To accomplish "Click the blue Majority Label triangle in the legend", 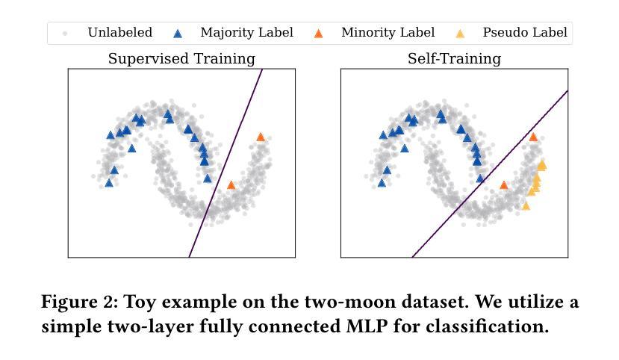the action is point(178,34).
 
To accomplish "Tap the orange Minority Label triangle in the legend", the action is point(318,34).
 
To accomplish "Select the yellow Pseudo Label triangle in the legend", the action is point(460,34).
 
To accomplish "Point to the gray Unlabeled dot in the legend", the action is point(65,34).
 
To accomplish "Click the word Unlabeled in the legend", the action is point(120,32).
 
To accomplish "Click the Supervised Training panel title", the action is point(181,58).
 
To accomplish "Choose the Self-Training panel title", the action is point(455,58).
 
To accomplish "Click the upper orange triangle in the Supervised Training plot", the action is point(261,137).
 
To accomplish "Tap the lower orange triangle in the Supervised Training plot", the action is point(231,185).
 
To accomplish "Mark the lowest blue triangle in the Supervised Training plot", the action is point(109,183).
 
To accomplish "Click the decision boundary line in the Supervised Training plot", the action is point(225,163).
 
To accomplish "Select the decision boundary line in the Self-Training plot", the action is point(490,174).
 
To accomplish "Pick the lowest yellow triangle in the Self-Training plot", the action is point(526,205).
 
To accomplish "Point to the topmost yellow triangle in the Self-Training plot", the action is point(542,164).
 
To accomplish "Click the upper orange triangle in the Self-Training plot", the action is point(533,137).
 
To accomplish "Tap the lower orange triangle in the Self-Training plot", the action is point(504,184).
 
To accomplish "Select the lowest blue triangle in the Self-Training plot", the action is point(382,183).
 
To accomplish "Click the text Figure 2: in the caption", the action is point(79,302).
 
